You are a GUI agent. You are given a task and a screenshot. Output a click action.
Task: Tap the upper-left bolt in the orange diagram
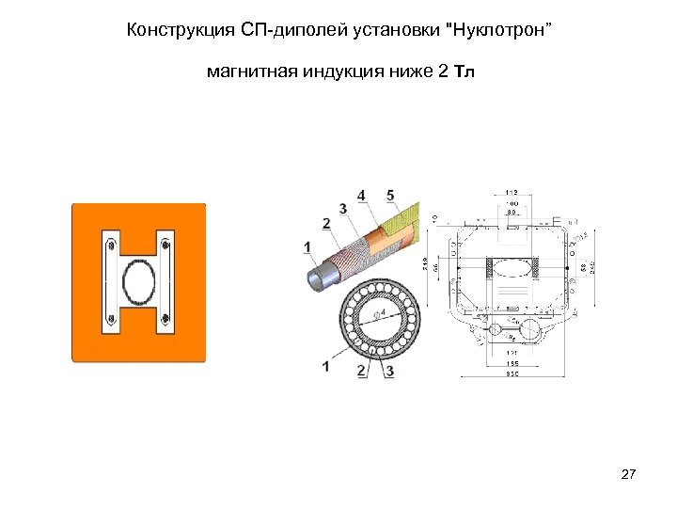pos(112,246)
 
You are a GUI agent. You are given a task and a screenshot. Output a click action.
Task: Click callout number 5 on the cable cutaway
pos(390,195)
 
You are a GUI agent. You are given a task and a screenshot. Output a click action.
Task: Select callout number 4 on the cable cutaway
pos(361,195)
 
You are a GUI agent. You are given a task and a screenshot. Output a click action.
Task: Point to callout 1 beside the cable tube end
pos(307,246)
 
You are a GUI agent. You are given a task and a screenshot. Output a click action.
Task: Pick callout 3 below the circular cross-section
pos(389,371)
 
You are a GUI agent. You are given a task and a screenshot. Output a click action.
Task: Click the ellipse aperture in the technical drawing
pos(512,267)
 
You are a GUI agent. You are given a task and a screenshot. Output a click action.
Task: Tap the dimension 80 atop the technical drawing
pos(512,211)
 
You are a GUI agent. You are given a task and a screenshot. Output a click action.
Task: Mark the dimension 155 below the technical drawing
pos(512,362)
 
